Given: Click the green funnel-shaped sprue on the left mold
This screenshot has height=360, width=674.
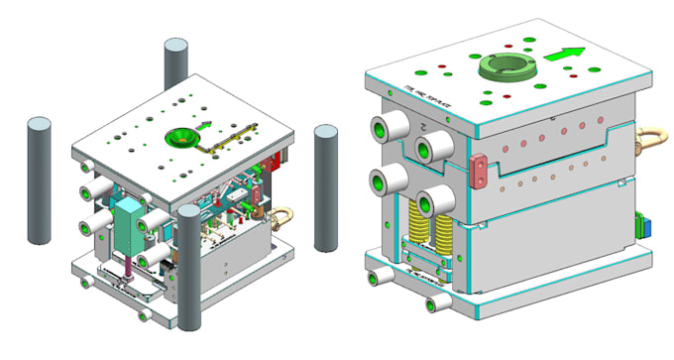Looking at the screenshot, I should click(180, 137).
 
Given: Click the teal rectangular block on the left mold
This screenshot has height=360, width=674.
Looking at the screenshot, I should click(128, 228).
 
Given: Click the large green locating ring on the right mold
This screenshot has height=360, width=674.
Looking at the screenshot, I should click(507, 67).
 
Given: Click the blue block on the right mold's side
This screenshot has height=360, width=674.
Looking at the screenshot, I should click(645, 224).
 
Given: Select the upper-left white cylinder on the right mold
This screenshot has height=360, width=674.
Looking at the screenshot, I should click(385, 130).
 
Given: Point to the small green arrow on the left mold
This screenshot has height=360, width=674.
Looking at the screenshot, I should click(206, 125).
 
